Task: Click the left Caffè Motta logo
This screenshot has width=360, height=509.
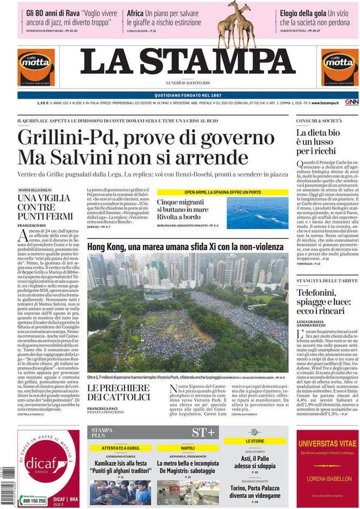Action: [36, 67]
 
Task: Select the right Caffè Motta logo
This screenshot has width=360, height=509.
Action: [339, 67]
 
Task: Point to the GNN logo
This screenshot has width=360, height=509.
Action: [351, 102]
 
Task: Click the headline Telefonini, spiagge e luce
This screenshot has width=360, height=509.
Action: [320, 301]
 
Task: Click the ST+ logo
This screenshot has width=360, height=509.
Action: [203, 433]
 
